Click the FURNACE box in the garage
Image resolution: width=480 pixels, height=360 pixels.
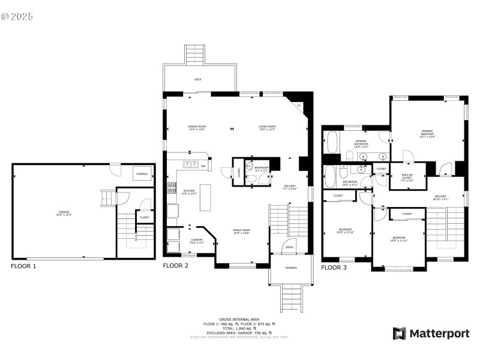[x=142, y=173]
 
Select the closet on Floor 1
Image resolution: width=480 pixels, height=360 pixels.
[x=144, y=217]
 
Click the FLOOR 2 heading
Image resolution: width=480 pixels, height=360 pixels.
[x=176, y=265]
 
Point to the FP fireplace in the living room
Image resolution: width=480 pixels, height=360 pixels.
[x=299, y=107]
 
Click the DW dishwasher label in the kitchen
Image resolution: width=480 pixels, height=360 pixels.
[x=203, y=166]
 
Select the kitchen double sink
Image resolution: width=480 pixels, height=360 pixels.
[x=191, y=164]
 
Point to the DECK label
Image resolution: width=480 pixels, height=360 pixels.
[x=198, y=79]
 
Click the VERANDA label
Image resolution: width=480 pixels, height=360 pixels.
[x=290, y=267]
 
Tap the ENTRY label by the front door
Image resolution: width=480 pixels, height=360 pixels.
[x=290, y=247]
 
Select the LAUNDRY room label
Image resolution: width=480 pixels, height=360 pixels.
[x=197, y=241]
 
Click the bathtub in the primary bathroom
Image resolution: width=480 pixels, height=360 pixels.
[x=332, y=144]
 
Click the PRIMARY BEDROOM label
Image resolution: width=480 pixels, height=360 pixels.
[x=427, y=133]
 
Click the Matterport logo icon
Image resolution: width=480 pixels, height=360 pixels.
[x=398, y=333]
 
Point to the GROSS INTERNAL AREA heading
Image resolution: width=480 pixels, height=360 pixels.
[x=239, y=319]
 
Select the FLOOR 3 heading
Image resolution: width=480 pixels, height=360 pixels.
[x=334, y=268]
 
